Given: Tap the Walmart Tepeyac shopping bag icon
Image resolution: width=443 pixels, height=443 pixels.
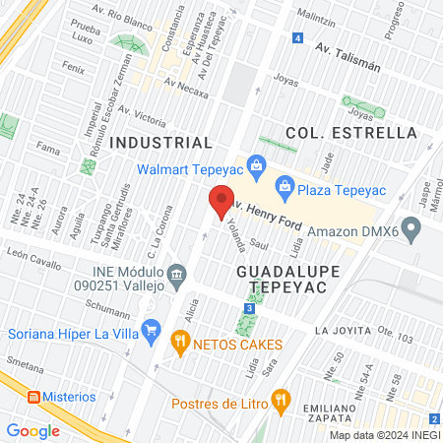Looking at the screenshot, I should click(x=256, y=163).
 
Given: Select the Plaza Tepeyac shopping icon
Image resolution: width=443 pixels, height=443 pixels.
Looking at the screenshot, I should click(x=285, y=184).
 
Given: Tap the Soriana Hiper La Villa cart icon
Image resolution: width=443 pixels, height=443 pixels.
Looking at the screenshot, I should click(x=151, y=328).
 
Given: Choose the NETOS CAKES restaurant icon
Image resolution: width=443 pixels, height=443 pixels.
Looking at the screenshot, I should click(x=179, y=345).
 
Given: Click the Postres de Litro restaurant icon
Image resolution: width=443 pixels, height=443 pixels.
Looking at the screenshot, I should click(x=282, y=401).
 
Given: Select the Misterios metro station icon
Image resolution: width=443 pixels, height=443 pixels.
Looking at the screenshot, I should click(x=33, y=397).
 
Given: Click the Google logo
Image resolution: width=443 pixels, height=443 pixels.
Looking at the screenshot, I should click(x=32, y=430).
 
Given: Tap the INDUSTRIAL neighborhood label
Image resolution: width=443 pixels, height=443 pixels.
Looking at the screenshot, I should click(x=160, y=143).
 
